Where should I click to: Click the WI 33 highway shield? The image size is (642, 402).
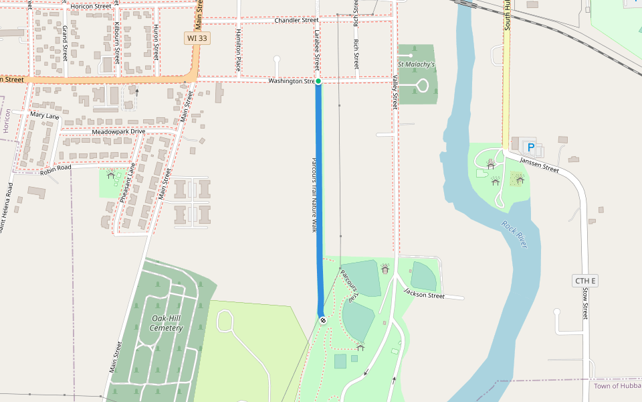[x=197, y=38]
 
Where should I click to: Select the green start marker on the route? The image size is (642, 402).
[x=318, y=81]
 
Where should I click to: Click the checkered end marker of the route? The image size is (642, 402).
[x=322, y=320]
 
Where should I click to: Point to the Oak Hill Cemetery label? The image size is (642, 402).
[x=167, y=323]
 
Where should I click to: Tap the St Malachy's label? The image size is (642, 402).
[x=416, y=64]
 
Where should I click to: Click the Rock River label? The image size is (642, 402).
[x=515, y=234]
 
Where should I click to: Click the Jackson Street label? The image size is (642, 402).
[x=424, y=293]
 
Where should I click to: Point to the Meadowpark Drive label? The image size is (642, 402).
[x=118, y=131]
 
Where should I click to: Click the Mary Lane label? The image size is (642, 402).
[x=45, y=116]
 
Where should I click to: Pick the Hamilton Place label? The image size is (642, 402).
[x=238, y=50]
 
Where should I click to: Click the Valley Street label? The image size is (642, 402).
[x=395, y=92]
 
